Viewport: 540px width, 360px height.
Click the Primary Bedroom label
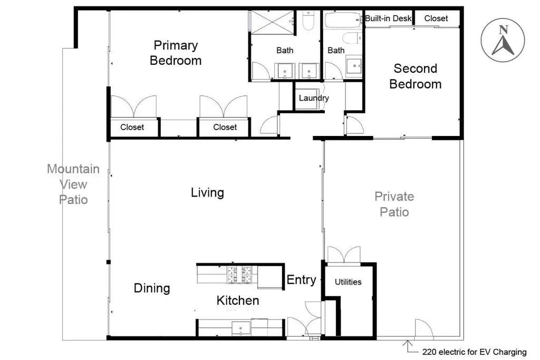pos(176,53)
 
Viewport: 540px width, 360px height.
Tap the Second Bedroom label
pos(416,76)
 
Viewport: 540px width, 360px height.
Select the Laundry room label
pos(314,98)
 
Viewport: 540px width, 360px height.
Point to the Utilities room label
pos(348,282)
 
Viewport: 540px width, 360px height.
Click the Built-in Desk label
pos(388,18)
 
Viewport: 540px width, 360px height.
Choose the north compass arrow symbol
pos(503,40)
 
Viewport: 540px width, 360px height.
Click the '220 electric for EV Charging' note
pos(474,352)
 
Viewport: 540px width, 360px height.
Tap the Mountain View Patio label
pos(73,184)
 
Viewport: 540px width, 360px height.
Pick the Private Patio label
pos(394,204)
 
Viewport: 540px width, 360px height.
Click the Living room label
pos(207,192)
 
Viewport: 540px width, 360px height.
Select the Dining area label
pos(152,288)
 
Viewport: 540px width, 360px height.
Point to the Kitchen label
pos(238,300)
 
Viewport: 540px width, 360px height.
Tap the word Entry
pos(301,280)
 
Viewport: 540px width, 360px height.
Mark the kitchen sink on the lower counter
pos(240,328)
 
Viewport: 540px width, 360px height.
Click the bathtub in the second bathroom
pos(343,20)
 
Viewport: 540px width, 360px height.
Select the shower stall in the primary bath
pos(272,22)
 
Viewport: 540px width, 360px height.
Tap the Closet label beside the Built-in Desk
pos(436,18)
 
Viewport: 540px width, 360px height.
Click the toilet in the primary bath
pos(308,21)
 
